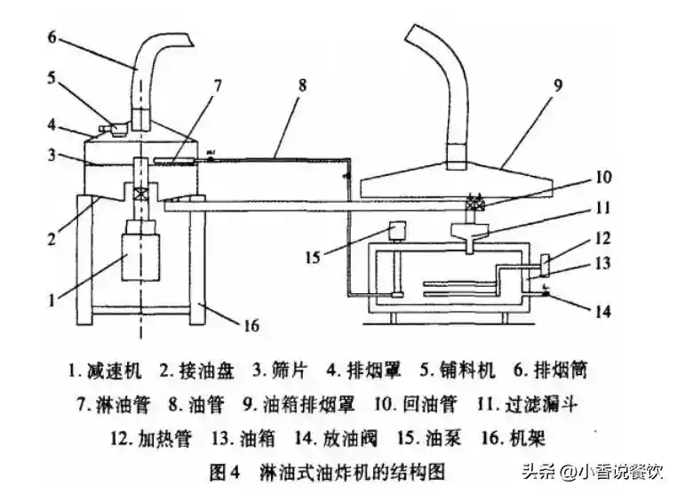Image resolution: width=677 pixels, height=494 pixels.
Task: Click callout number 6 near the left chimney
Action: pyautogui.click(x=52, y=37)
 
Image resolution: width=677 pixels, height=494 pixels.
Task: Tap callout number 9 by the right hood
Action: pyautogui.click(x=558, y=85)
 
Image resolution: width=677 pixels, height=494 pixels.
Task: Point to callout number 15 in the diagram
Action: pyautogui.click(x=313, y=258)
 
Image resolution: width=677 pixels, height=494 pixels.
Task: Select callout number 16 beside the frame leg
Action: pyautogui.click(x=251, y=325)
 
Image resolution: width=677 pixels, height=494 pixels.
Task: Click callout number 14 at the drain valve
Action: pyautogui.click(x=602, y=311)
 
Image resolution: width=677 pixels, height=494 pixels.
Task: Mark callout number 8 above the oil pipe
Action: pyautogui.click(x=302, y=84)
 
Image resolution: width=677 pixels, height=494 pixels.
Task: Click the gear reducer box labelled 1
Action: pyautogui.click(x=141, y=258)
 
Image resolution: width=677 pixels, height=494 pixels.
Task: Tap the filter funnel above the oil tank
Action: pyautogui.click(x=470, y=236)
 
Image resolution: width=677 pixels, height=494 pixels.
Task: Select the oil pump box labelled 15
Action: pyautogui.click(x=397, y=231)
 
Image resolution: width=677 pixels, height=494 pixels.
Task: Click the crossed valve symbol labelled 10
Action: pyautogui.click(x=474, y=203)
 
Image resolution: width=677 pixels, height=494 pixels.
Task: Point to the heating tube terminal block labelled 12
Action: pyautogui.click(x=545, y=265)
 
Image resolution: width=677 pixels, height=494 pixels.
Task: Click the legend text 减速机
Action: pyautogui.click(x=115, y=370)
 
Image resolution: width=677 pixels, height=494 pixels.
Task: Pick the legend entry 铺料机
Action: pyautogui.click(x=467, y=370)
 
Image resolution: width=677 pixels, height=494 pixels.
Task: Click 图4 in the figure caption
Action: pyautogui.click(x=224, y=472)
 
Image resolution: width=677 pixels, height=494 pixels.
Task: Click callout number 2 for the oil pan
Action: pyautogui.click(x=52, y=238)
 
